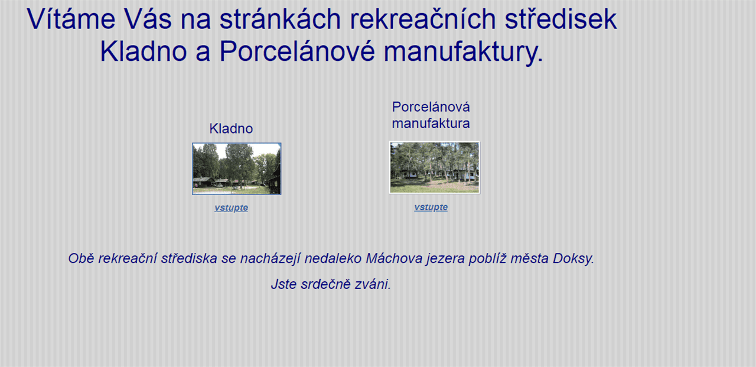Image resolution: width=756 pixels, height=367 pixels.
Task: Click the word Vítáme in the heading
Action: pyautogui.click(x=71, y=19)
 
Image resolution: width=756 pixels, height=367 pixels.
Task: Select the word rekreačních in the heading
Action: pyautogui.click(x=423, y=19)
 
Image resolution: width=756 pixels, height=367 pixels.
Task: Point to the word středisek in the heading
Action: pyautogui.click(x=561, y=19)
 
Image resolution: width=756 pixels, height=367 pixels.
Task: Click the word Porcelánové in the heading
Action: pyautogui.click(x=297, y=51)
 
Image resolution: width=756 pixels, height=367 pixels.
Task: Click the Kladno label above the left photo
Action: pyautogui.click(x=231, y=129)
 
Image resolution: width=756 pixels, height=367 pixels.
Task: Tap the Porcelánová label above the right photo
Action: pyautogui.click(x=431, y=107)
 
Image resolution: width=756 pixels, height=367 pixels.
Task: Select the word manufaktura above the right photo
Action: pyautogui.click(x=431, y=124)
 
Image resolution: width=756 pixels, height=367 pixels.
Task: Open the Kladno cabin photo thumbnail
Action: pyautogui.click(x=237, y=168)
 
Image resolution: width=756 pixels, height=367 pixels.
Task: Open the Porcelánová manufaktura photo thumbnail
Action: pyautogui.click(x=434, y=167)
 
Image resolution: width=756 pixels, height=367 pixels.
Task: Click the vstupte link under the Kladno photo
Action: pyautogui.click(x=231, y=207)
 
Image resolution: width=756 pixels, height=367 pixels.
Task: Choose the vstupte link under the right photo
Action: pyautogui.click(x=431, y=207)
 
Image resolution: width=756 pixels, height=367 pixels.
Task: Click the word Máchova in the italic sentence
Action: pyautogui.click(x=394, y=259)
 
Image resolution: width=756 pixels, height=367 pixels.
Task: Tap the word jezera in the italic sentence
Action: pyautogui.click(x=445, y=259)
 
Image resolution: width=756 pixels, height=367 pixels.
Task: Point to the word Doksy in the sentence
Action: pyautogui.click(x=573, y=259)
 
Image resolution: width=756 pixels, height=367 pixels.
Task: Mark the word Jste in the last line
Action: pyautogui.click(x=284, y=284)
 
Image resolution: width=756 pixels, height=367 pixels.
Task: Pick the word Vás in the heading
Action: pyautogui.click(x=148, y=19)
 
